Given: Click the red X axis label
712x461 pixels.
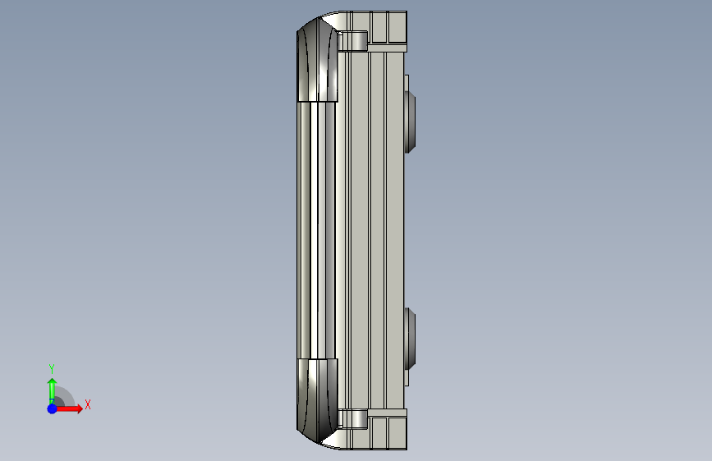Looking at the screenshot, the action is [88, 404].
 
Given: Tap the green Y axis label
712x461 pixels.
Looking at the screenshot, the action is [52, 368].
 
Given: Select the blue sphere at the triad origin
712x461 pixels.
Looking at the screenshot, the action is [53, 409].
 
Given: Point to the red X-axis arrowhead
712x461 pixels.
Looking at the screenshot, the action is [79, 409].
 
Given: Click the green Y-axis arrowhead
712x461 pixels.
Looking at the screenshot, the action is [53, 382].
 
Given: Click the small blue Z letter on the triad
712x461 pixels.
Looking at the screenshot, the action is [52, 402].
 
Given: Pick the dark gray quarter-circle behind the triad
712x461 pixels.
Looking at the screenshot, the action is [63, 397].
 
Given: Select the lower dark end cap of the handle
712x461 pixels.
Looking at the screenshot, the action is [317, 400].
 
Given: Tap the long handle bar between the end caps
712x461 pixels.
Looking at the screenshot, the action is [316, 230].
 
